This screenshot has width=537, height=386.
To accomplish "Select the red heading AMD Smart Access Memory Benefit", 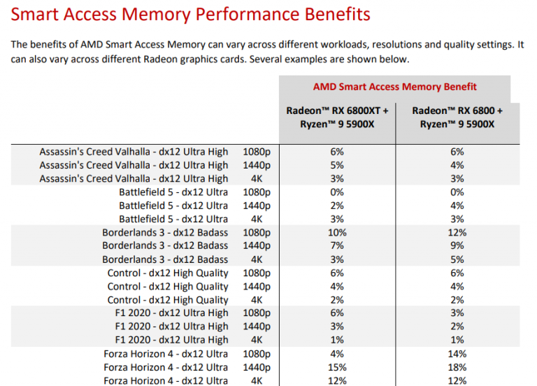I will (395, 87).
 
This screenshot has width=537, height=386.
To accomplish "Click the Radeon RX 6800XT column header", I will (337, 117).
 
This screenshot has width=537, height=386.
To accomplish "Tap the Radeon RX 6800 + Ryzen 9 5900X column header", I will (457, 117).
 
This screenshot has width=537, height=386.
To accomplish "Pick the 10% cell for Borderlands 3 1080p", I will (336, 232).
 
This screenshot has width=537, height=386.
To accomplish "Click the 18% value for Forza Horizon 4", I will (458, 367).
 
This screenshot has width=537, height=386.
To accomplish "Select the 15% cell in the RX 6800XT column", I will (336, 367).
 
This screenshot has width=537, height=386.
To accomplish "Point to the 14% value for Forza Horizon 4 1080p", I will (458, 354).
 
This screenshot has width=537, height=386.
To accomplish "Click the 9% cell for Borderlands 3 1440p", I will (458, 245).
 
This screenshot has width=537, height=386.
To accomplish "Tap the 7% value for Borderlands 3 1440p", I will (336, 245).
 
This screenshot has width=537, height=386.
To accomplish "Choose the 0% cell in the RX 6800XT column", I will (336, 192).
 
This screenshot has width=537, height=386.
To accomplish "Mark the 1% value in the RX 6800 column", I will (458, 340).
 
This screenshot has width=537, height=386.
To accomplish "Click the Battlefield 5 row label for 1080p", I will (173, 192).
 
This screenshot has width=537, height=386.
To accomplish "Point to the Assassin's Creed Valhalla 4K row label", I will (134, 178).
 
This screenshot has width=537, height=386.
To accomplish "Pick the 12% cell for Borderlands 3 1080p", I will (458, 232).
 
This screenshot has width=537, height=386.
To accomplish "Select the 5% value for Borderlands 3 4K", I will (458, 259).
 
